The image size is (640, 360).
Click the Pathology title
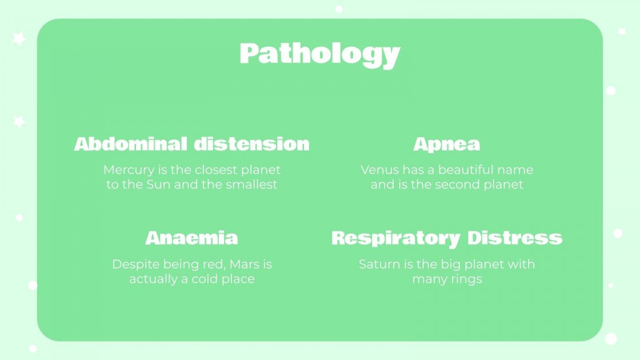pyautogui.click(x=319, y=54)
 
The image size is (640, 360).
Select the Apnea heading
pyautogui.click(x=447, y=144)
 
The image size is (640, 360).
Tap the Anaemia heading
pyautogui.click(x=191, y=238)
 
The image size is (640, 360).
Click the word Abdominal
pyautogui.click(x=131, y=144)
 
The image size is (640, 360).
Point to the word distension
pyautogui.click(x=251, y=144)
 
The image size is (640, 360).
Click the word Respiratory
pyautogui.click(x=395, y=238)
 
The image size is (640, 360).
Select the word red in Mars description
pyautogui.click(x=210, y=265)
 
